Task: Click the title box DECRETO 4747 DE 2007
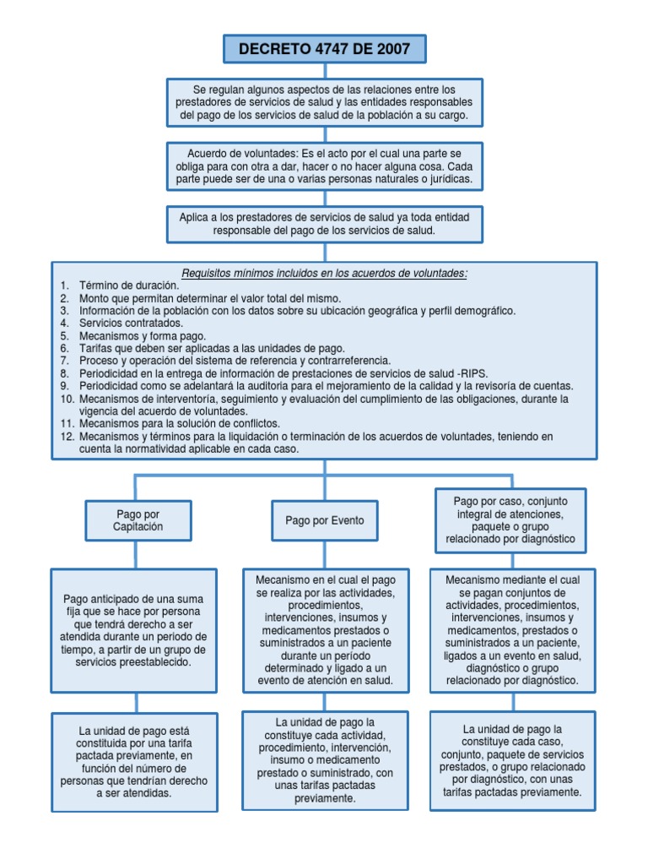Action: pos(324,49)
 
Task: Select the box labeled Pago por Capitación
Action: pos(138,520)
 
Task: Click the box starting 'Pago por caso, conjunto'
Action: pos(510,520)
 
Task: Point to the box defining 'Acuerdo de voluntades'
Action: pos(325,166)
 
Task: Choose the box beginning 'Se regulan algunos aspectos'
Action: pos(325,102)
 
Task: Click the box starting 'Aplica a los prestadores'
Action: pos(325,224)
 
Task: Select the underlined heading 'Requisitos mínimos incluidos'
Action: pos(325,273)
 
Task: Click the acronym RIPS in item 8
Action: pos(472,373)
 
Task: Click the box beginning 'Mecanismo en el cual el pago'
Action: pos(325,629)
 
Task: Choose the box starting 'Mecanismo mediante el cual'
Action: pos(512,629)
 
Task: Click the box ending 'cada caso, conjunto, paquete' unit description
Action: pos(512,760)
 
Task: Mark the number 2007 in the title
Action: pos(393,49)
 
